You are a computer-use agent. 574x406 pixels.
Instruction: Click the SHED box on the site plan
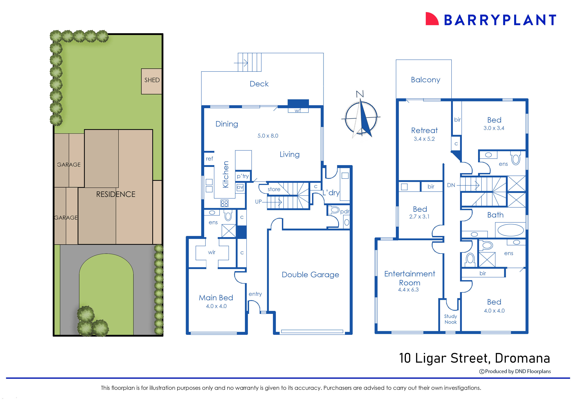[152, 81]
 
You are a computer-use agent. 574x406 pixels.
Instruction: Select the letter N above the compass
[360, 94]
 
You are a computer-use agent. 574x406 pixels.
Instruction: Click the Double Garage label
[310, 274]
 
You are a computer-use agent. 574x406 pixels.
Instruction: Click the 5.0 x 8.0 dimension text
[268, 136]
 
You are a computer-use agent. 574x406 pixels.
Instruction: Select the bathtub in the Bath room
[510, 230]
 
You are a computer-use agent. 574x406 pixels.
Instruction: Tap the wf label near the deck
[298, 110]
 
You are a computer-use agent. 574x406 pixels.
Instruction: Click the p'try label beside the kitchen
[243, 176]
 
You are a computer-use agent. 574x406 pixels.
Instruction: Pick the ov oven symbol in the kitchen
[240, 187]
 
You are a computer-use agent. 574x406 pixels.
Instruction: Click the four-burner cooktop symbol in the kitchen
[224, 203]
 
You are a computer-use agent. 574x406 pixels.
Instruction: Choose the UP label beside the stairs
[258, 201]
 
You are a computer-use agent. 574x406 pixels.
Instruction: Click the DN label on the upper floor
[451, 185]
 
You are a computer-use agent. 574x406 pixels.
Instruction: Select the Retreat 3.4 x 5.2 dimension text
[424, 139]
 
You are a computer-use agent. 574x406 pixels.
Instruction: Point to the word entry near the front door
[255, 294]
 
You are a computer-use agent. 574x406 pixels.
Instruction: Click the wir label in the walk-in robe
[212, 252]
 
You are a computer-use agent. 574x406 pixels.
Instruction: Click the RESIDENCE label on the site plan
[116, 194]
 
